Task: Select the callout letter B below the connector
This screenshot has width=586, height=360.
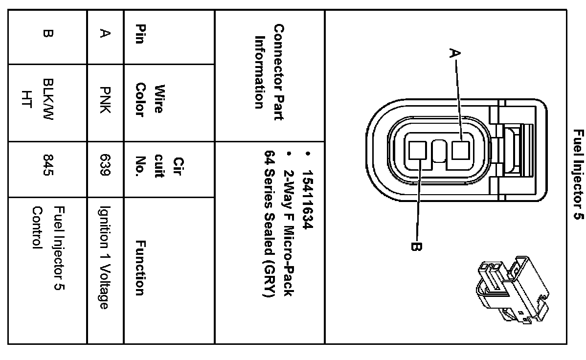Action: coord(416,247)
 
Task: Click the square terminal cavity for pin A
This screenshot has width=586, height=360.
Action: coord(460,150)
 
